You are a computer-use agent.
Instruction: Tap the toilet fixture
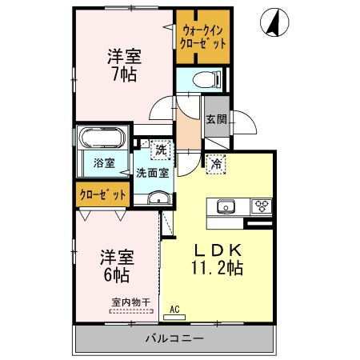(x=210, y=78)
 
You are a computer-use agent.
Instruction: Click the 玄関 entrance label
(x=216, y=119)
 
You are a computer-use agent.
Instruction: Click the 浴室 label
(x=104, y=162)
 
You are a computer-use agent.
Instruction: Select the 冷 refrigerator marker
(x=216, y=164)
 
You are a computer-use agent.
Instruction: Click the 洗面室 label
(x=151, y=171)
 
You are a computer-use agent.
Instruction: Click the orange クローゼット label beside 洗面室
(x=103, y=194)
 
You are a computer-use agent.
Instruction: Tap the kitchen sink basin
(x=223, y=206)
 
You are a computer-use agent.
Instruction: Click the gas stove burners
(x=262, y=206)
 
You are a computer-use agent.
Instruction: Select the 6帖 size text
(x=116, y=274)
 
